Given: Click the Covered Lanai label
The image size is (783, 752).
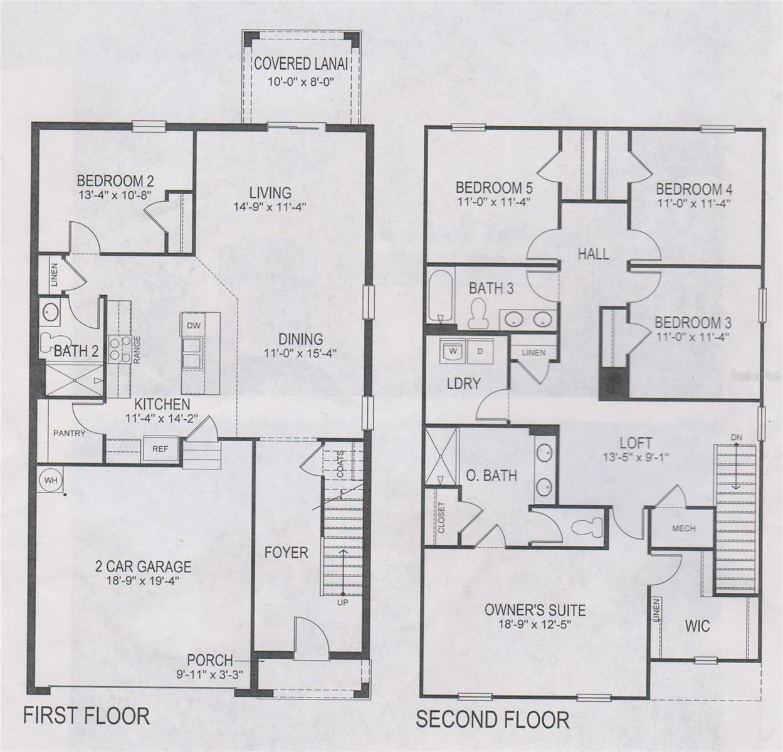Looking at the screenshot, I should (x=300, y=64).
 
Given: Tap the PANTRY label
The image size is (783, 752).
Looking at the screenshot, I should (x=69, y=433).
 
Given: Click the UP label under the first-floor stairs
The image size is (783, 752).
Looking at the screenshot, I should (x=343, y=602).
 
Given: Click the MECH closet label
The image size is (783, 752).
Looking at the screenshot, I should (x=683, y=528).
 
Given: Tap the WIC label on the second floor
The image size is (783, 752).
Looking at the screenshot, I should (x=697, y=626).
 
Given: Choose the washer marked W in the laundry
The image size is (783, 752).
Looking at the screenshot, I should (x=452, y=352).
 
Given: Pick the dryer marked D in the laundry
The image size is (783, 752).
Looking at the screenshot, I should (x=480, y=352).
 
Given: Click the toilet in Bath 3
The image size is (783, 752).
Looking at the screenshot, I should (x=479, y=313).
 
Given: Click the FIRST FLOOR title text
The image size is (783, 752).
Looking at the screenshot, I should (x=87, y=716).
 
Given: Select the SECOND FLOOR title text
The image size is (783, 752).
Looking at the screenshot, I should (x=493, y=719).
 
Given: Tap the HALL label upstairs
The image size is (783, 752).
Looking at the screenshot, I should (x=593, y=254).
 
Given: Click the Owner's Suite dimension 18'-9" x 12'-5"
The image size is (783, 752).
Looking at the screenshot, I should (x=535, y=624).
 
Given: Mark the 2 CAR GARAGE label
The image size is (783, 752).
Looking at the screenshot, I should (x=143, y=567).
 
